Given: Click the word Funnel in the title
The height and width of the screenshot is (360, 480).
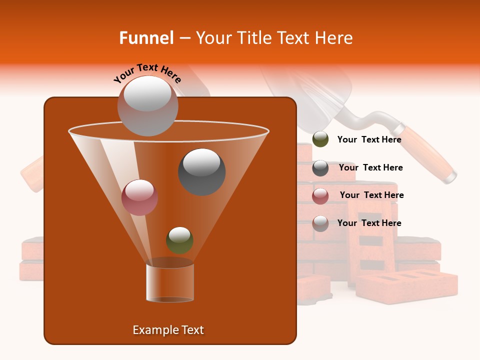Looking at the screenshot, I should pos(146,38).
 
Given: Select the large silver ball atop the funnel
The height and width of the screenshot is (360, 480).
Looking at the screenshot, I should pos(148,106).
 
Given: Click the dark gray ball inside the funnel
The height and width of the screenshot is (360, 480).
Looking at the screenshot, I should pos(202,171).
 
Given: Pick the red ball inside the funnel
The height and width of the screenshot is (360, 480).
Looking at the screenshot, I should pos(140,197).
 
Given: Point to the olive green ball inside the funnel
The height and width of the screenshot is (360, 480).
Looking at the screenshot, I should pos(179,240).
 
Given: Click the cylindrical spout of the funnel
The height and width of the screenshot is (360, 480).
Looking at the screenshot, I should pos(170,282).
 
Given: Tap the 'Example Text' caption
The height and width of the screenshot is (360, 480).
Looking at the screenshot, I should pos(168,330).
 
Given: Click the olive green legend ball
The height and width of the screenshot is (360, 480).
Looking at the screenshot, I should pos(320,139).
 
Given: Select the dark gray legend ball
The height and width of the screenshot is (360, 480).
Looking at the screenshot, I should pos(320,168).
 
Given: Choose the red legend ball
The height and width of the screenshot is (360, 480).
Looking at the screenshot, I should pos(320,196).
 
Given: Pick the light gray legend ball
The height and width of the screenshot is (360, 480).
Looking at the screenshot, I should pos(320,223).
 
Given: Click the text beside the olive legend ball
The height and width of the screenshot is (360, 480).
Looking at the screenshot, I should pos(369,139).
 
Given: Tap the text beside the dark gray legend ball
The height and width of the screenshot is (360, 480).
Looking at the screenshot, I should pos(370,167).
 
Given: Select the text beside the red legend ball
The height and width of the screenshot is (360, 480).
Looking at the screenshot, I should pos(371,195).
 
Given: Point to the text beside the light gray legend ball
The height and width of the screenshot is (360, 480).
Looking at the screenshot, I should pos(369,223).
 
